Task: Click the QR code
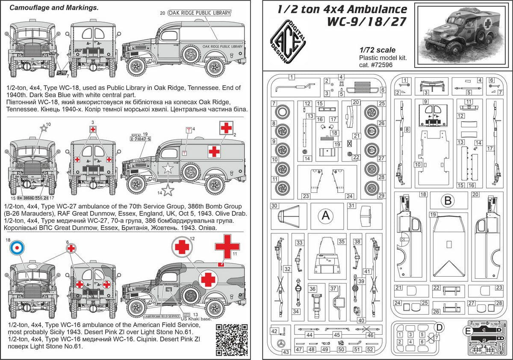[x=233, y=339]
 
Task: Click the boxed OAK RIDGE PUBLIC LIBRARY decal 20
[x=199, y=13]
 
